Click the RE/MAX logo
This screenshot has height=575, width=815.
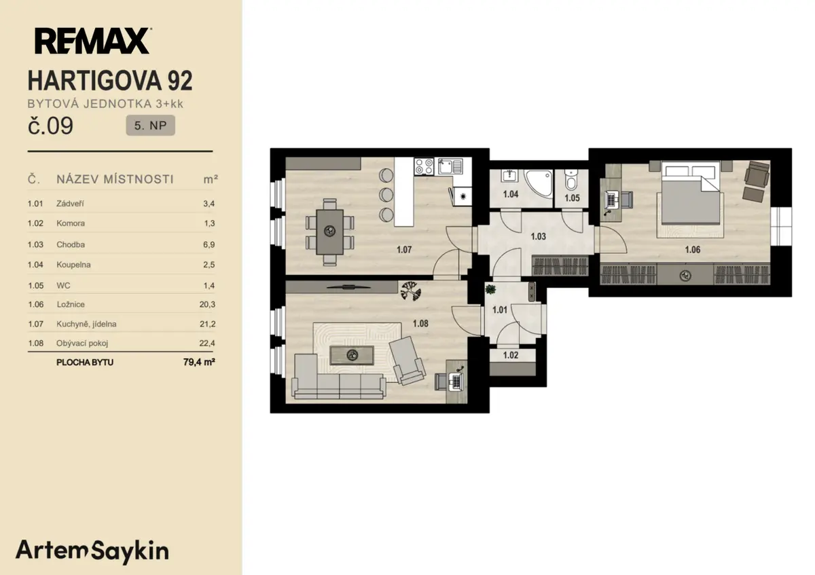pyautogui.click(x=93, y=41)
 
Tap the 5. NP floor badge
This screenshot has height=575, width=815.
pyautogui.click(x=150, y=126)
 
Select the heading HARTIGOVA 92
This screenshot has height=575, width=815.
pyautogui.click(x=110, y=80)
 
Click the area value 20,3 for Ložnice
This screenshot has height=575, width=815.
pyautogui.click(x=207, y=304)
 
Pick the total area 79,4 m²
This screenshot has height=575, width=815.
pyautogui.click(x=199, y=362)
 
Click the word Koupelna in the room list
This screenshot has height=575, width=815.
pyautogui.click(x=73, y=265)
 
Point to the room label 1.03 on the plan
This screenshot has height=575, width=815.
pyautogui.click(x=538, y=236)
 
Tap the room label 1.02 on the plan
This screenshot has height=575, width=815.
pyautogui.click(x=511, y=355)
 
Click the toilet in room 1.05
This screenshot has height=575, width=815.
pyautogui.click(x=571, y=180)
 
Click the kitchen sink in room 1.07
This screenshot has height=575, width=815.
pyautogui.click(x=450, y=166)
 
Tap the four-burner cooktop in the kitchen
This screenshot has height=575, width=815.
pyautogui.click(x=424, y=166)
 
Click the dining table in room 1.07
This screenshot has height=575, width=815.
pyautogui.click(x=329, y=232)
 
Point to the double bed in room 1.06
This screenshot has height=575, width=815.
pyautogui.click(x=691, y=193)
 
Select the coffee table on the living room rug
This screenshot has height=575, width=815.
pyautogui.click(x=352, y=355)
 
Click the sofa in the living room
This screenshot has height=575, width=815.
pyautogui.click(x=338, y=378)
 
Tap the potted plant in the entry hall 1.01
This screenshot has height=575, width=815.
pyautogui.click(x=490, y=289)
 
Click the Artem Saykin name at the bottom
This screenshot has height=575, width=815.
pyautogui.click(x=92, y=551)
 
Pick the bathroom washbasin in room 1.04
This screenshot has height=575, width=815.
pyautogui.click(x=509, y=176)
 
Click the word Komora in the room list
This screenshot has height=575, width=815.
pyautogui.click(x=71, y=223)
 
